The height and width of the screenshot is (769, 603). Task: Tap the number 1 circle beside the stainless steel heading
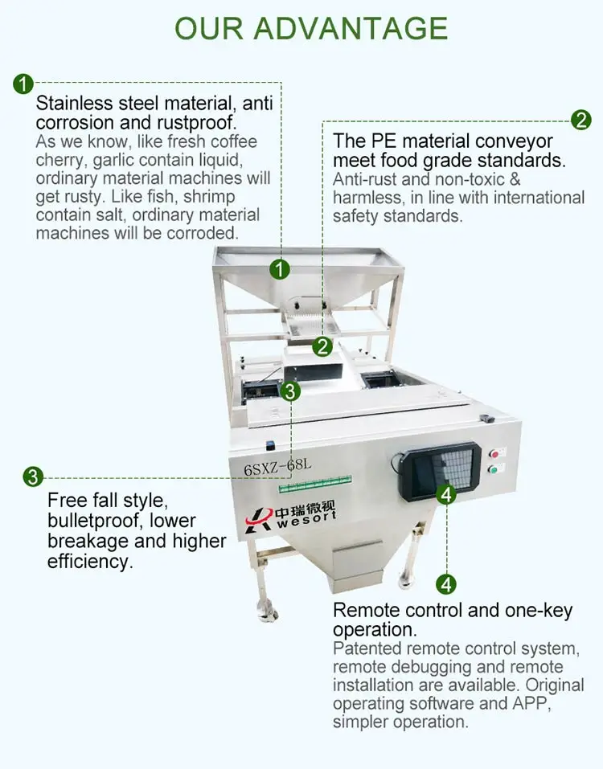coord(23,83)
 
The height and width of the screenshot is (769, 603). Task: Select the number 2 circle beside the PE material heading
coord(581,121)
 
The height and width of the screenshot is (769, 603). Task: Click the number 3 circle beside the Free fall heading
coord(32,477)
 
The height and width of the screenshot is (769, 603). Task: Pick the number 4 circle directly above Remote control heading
coord(447,583)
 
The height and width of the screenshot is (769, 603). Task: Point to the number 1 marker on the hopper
coord(280,270)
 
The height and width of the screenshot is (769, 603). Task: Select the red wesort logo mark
coord(259,518)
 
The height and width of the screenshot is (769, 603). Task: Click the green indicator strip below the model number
coord(315,485)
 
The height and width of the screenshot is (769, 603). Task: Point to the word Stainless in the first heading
coord(72,104)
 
